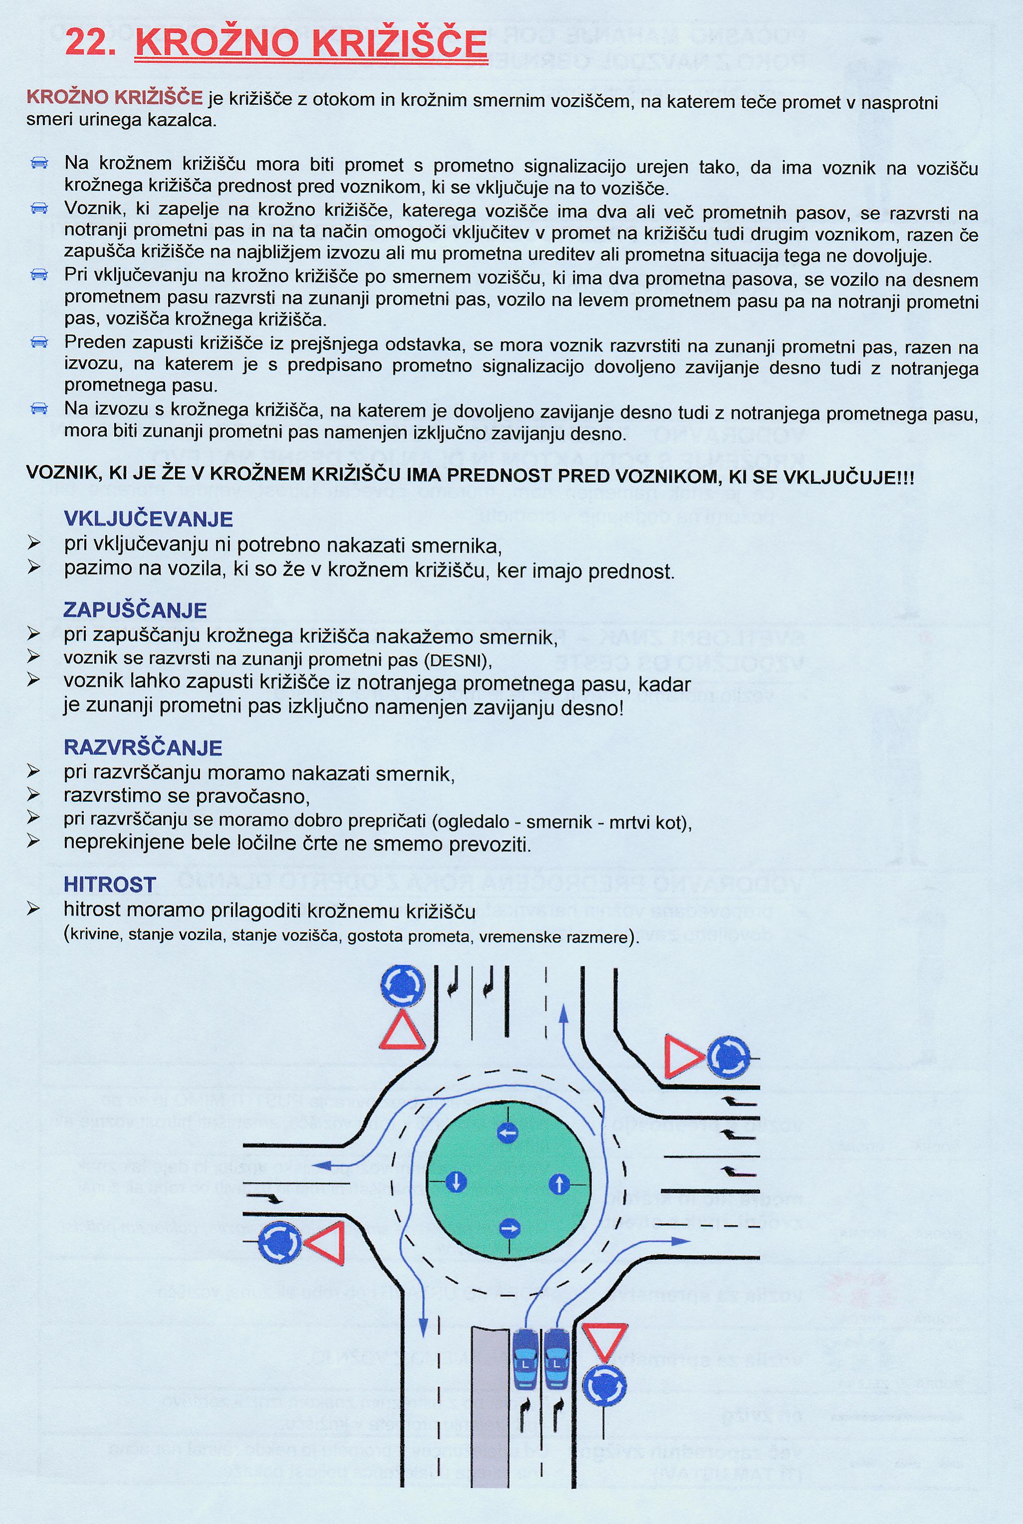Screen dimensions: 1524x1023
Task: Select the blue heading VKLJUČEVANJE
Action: click(x=148, y=519)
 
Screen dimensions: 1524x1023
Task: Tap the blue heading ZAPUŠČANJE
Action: click(x=135, y=610)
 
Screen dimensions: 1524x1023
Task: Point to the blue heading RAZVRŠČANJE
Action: click(x=143, y=747)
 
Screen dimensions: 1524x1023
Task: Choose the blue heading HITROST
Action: click(x=110, y=884)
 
